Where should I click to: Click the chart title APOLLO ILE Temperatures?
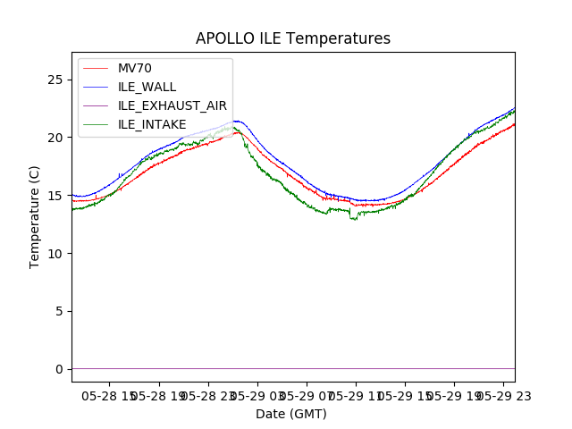tap(293, 38)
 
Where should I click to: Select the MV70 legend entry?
tap(135, 68)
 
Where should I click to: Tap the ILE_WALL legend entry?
tap(147, 87)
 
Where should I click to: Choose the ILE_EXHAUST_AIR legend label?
tap(172, 105)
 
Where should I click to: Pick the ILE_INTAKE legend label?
tap(152, 124)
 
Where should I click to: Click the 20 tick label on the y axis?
tap(55, 138)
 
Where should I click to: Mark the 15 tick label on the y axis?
tap(55, 196)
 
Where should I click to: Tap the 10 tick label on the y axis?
tap(55, 254)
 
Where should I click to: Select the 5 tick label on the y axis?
tap(58, 311)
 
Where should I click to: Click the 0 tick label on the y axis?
tap(58, 369)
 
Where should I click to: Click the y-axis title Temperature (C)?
tap(35, 216)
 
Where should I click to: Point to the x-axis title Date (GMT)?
tap(291, 414)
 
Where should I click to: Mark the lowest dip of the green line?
tap(355, 219)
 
